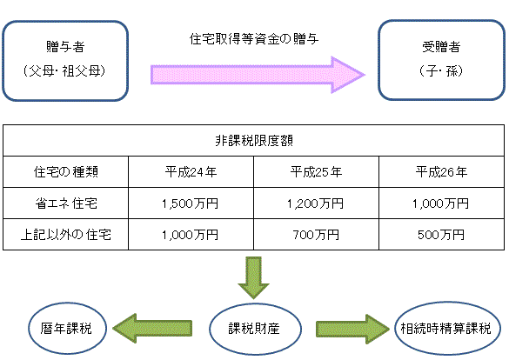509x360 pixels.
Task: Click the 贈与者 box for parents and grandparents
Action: (x=65, y=61)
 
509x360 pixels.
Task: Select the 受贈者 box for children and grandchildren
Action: (x=441, y=60)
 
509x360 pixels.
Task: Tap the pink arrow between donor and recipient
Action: (x=258, y=75)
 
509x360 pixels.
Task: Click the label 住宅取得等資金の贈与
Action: (x=254, y=39)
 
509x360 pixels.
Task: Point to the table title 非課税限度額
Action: (x=254, y=140)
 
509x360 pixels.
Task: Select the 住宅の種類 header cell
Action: (x=65, y=171)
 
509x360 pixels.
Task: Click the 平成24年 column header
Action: (x=191, y=171)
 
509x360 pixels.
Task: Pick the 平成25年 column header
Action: (x=316, y=171)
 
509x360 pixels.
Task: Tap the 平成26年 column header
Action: (x=441, y=171)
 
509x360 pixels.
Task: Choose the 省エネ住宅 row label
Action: (x=66, y=203)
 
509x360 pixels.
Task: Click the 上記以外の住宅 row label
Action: (x=65, y=235)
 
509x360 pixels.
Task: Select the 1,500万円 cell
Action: (x=191, y=203)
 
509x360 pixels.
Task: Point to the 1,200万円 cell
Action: (x=316, y=203)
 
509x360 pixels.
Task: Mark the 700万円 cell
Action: (x=316, y=235)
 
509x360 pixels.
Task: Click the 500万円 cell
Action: (x=441, y=235)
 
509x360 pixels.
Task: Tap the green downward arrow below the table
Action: (x=253, y=277)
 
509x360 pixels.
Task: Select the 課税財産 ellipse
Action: (x=255, y=329)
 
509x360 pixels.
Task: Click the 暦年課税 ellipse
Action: (x=68, y=328)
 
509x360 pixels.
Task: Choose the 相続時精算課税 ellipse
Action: (x=447, y=328)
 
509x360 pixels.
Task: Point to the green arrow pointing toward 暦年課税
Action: (x=152, y=328)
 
